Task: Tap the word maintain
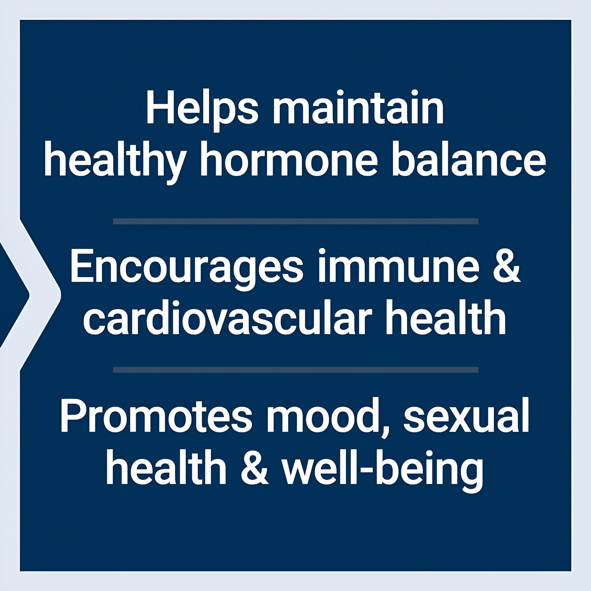(358, 107)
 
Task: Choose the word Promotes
(156, 415)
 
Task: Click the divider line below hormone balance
(295, 221)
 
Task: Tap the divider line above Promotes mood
(295, 370)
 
